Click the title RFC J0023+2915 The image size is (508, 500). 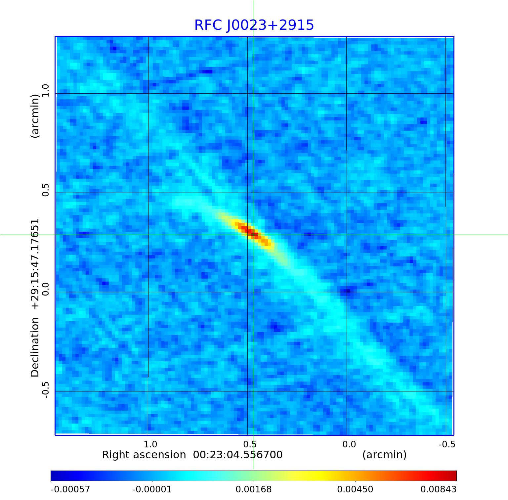click(x=254, y=25)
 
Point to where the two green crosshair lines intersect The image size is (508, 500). click(x=254, y=235)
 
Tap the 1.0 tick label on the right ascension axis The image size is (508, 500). click(x=150, y=444)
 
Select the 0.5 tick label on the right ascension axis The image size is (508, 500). click(x=250, y=444)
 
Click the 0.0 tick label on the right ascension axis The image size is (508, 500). click(x=349, y=444)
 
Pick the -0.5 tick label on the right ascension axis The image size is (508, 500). click(x=447, y=444)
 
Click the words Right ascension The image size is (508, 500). click(x=144, y=455)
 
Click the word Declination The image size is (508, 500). click(x=35, y=347)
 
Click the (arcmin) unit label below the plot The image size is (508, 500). click(x=384, y=455)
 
